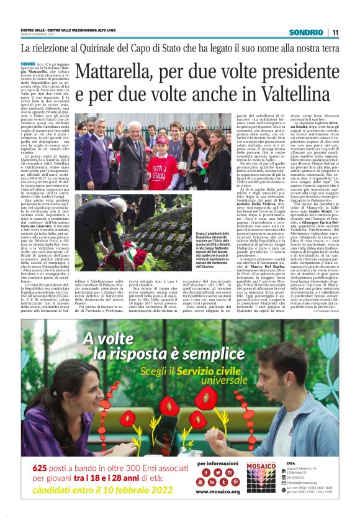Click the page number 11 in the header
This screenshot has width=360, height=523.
click(335, 32)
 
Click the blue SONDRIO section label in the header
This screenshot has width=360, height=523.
click(308, 32)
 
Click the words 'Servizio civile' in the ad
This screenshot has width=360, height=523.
click(188, 371)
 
